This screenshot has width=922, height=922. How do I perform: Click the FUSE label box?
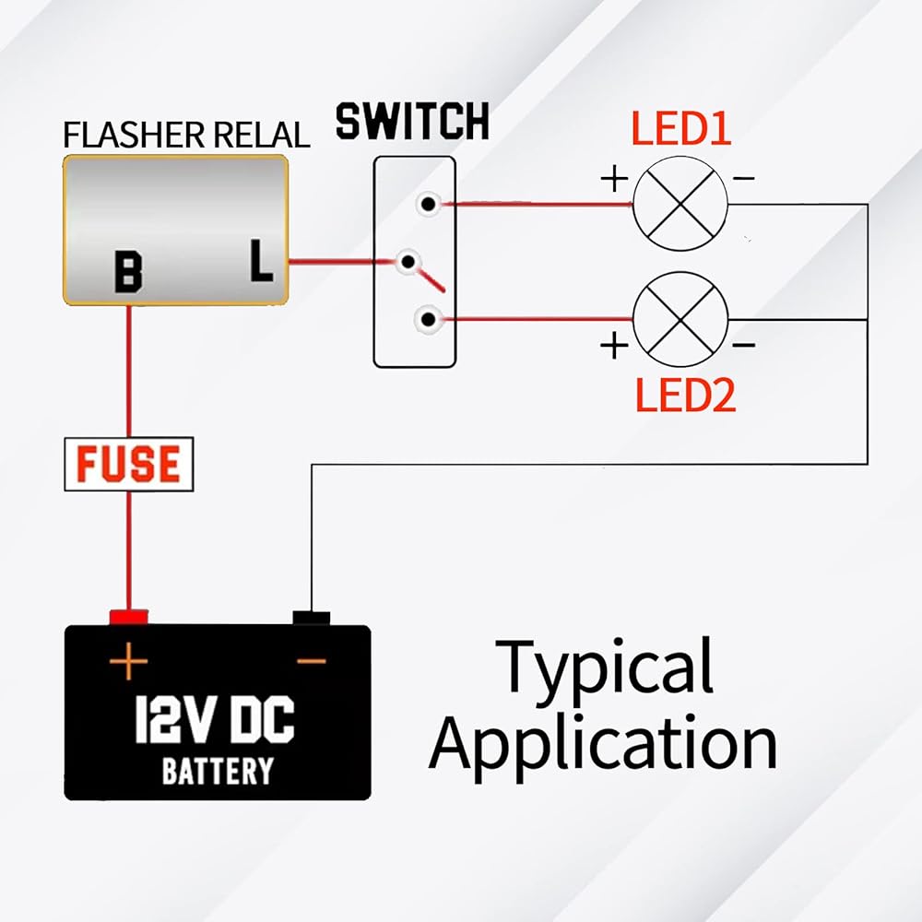[129, 464]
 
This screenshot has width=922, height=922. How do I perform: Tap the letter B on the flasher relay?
[128, 272]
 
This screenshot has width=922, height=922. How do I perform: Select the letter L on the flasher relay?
[262, 262]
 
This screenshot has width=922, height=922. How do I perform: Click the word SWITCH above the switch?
[412, 123]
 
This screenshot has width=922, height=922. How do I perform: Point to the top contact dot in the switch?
[426, 204]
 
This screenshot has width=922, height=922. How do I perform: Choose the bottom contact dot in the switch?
[427, 319]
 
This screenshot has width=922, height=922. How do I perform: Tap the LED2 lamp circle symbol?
[681, 319]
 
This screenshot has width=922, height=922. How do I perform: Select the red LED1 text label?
[680, 130]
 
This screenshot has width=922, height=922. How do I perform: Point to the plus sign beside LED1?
[614, 178]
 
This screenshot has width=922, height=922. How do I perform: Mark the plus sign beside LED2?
[614, 346]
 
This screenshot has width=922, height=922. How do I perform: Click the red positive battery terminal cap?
[129, 617]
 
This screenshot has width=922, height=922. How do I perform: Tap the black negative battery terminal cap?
[312, 618]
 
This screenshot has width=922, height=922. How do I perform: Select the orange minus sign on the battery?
[312, 660]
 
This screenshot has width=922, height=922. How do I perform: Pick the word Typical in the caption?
[606, 667]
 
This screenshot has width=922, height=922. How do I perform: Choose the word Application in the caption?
[604, 742]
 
